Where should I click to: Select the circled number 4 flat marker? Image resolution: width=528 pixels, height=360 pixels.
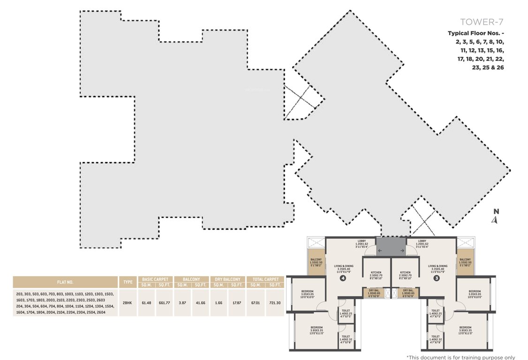click(x=343, y=277)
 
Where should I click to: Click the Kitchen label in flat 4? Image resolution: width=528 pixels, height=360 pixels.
click(x=376, y=275)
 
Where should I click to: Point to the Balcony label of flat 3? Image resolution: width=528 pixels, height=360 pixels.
click(x=465, y=262)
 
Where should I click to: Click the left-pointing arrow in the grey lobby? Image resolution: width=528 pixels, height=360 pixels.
click(x=380, y=251)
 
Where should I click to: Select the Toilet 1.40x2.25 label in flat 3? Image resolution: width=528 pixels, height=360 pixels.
click(x=435, y=313)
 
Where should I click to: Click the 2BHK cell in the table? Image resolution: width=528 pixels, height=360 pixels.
click(x=127, y=303)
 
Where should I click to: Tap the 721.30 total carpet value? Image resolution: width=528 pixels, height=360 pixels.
click(x=275, y=303)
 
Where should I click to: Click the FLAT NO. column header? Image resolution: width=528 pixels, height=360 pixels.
click(x=65, y=282)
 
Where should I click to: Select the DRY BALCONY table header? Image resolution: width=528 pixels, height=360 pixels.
click(x=227, y=279)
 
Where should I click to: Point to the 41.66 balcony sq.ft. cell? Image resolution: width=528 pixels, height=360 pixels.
click(x=200, y=303)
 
